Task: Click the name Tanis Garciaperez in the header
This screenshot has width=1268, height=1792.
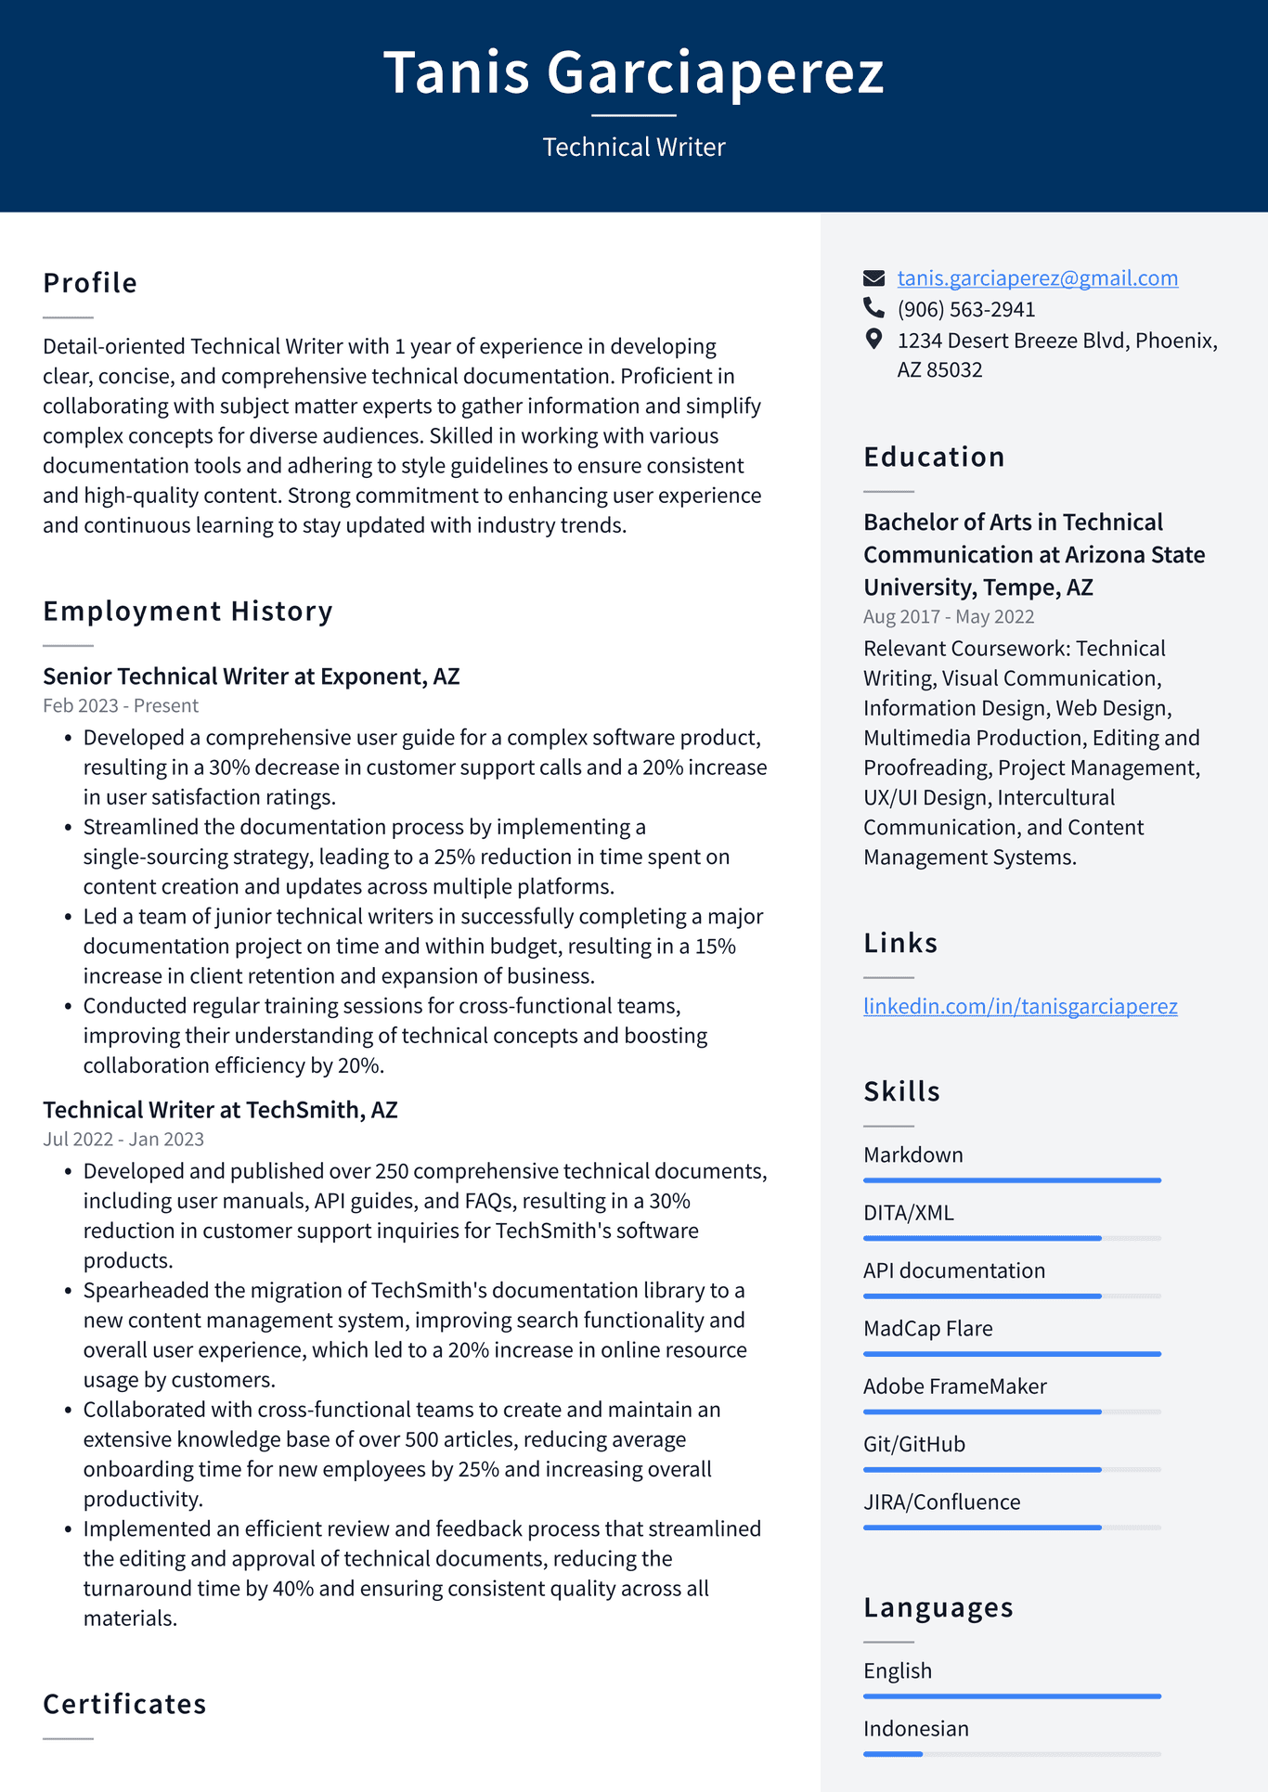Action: click(633, 72)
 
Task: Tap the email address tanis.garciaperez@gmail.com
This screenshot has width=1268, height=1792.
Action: click(1037, 278)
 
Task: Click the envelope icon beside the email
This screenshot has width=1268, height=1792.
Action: click(873, 277)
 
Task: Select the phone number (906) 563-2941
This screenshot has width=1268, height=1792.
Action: click(965, 309)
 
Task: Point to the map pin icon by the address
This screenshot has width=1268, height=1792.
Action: click(873, 339)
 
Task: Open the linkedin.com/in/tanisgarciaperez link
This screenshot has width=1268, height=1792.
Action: click(1019, 1006)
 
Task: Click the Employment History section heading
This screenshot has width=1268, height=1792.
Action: click(188, 611)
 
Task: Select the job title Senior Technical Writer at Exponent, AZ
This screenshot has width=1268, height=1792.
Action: click(251, 677)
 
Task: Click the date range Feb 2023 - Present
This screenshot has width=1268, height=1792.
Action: click(121, 706)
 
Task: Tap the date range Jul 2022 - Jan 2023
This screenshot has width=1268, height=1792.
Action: click(123, 1140)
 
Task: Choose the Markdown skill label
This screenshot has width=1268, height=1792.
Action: click(912, 1155)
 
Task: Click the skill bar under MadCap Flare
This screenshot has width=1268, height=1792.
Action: click(1012, 1354)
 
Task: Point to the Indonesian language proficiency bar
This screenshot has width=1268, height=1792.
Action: click(1012, 1754)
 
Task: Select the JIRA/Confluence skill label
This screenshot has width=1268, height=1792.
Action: click(941, 1502)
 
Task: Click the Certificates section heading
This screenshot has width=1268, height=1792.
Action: click(124, 1704)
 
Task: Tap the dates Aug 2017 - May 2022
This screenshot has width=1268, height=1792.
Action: click(948, 617)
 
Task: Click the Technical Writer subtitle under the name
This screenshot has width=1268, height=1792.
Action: click(633, 148)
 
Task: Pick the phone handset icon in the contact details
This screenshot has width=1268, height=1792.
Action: click(873, 307)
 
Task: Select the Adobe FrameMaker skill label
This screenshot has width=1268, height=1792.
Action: click(954, 1386)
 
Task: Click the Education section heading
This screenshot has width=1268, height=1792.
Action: click(934, 457)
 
